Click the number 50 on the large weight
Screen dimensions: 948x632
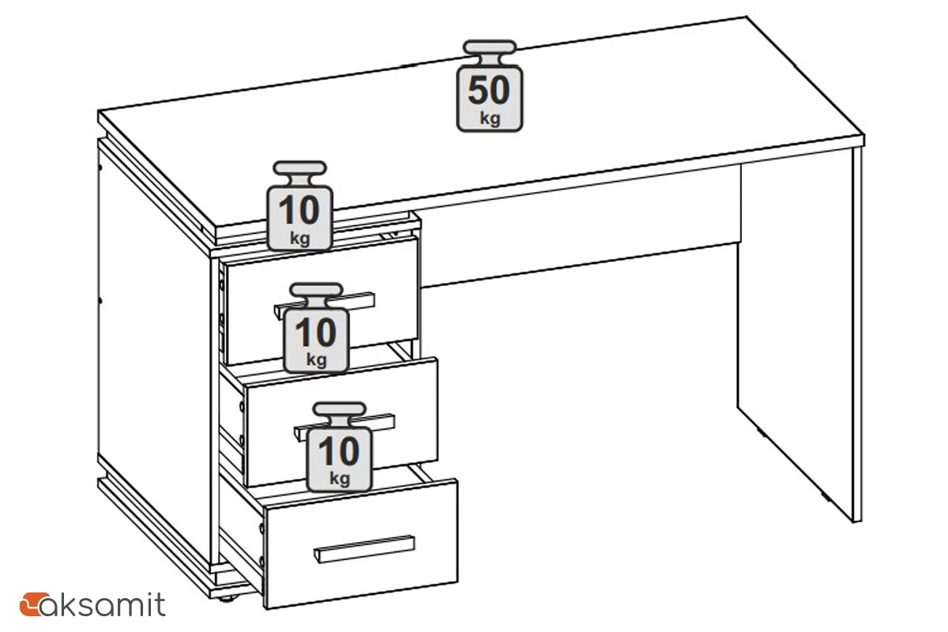coord(489,90)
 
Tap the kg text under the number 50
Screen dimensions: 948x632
coord(490,118)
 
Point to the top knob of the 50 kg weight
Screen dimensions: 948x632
coord(490,47)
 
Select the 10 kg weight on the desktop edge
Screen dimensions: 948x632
coord(300,205)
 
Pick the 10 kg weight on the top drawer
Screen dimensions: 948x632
coord(317,328)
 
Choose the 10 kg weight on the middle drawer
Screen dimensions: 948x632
coord(340,446)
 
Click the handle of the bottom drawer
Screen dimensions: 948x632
coord(364,549)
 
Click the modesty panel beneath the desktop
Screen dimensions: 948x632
coord(580,227)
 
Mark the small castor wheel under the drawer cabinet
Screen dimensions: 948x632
coord(228,599)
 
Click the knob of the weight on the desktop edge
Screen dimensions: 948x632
coord(300,167)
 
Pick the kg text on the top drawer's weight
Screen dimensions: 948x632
coord(317,359)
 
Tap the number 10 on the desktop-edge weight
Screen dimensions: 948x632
coord(299,210)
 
